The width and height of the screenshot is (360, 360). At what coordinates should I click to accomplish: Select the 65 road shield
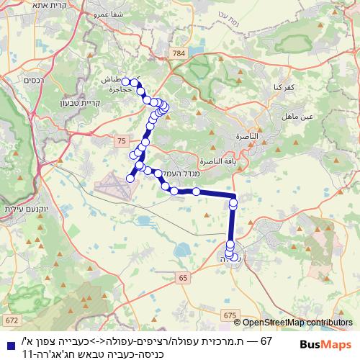coord(182,276)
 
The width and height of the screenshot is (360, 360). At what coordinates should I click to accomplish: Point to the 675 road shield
coord(229,315)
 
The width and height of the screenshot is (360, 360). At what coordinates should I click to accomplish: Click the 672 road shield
coord(11,320)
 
